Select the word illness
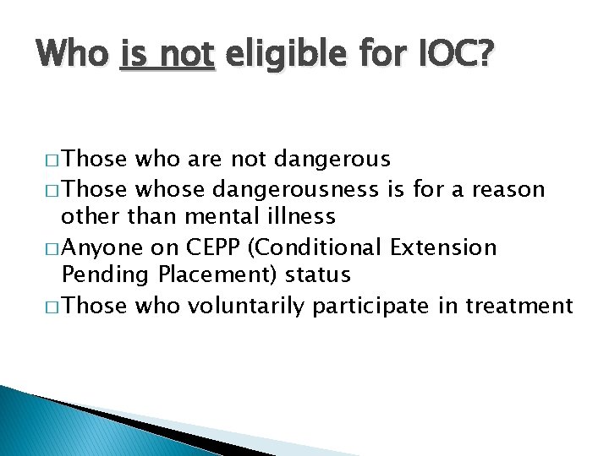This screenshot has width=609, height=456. click(301, 216)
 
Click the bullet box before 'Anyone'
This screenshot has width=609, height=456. click(49, 247)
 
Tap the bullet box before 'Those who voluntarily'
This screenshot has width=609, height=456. click(49, 306)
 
